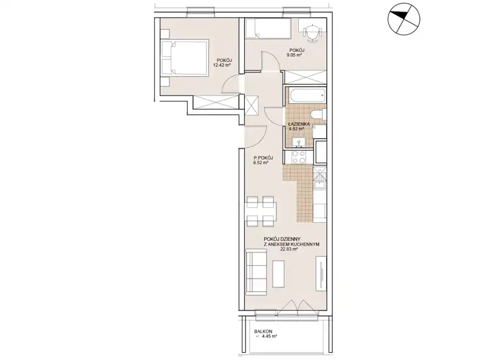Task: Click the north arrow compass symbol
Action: [404, 18]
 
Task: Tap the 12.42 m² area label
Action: [222, 65]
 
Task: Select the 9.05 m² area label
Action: [295, 55]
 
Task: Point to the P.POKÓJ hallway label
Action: [263, 157]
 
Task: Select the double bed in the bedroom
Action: [185, 57]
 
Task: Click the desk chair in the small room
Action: [312, 33]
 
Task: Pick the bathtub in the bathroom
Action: [307, 95]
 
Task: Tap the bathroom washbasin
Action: [299, 142]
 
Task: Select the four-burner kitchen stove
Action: [299, 157]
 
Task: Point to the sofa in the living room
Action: [256, 272]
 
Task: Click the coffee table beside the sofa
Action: [278, 274]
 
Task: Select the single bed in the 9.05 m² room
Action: [268, 29]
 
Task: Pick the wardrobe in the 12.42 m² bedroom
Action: [216, 102]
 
